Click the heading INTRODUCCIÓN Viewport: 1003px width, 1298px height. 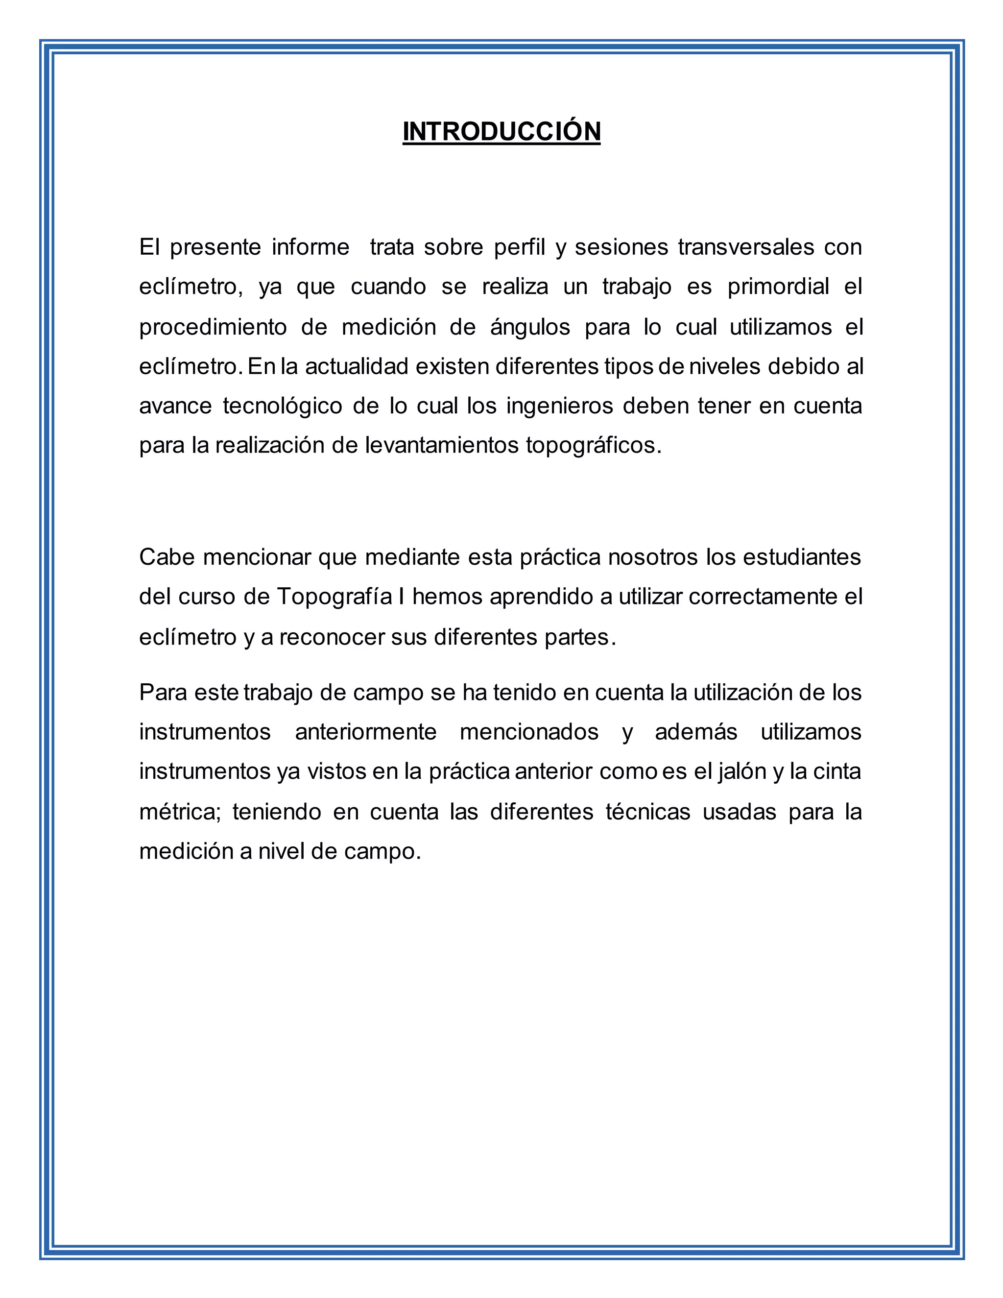point(501,131)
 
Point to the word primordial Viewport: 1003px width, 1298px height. point(778,287)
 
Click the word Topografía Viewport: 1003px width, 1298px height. point(334,597)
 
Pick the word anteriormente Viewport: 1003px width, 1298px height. point(365,732)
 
